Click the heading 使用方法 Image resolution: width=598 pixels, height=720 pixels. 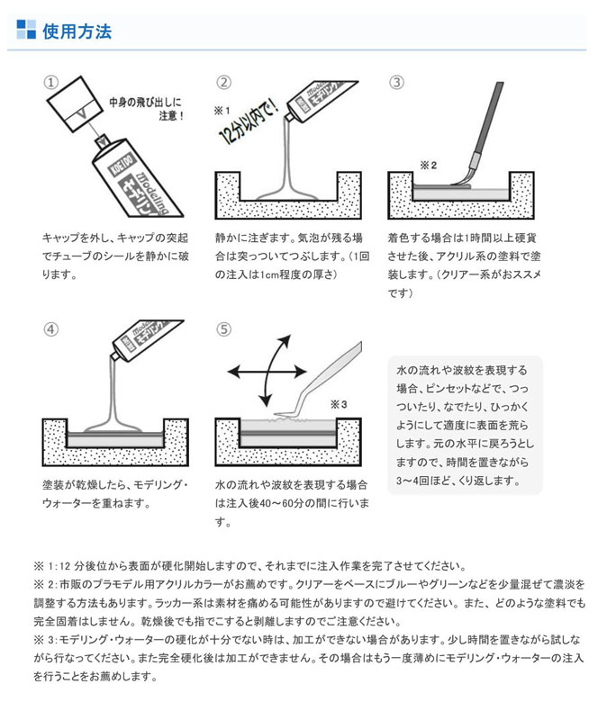point(77,31)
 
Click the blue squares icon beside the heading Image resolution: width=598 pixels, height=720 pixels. point(26,29)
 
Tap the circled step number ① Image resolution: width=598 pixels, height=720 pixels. point(50,82)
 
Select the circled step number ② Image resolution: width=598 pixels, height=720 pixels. point(223,82)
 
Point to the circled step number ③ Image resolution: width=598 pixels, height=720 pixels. point(396,82)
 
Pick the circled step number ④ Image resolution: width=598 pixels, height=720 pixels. point(50,329)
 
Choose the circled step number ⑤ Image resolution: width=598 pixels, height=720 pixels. point(223,329)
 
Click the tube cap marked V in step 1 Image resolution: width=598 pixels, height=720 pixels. point(75,105)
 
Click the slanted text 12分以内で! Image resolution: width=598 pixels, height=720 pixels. point(249,121)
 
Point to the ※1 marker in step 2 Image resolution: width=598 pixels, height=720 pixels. point(222,111)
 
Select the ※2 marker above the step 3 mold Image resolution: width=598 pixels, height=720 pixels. point(429,166)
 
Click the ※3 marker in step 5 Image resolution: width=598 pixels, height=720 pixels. point(339,404)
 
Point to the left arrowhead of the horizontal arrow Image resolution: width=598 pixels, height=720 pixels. point(233,372)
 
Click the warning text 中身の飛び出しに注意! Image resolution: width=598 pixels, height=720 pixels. point(147,109)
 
